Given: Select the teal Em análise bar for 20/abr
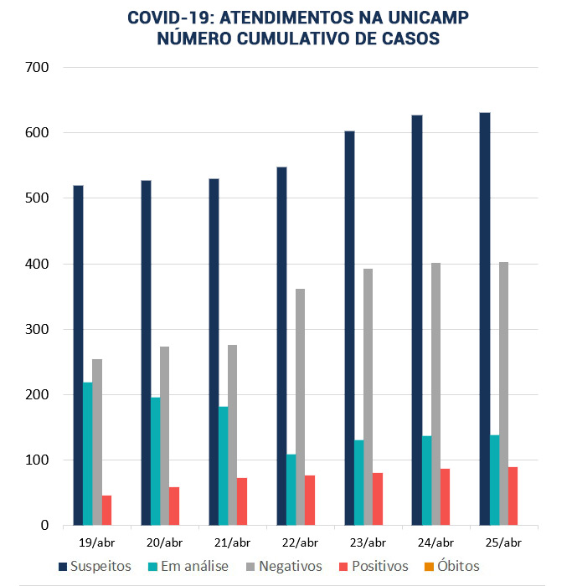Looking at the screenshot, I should pyautogui.click(x=156, y=461).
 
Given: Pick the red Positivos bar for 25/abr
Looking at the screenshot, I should pyautogui.click(x=513, y=496).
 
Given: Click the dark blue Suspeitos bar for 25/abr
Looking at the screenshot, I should pyautogui.click(x=484, y=319).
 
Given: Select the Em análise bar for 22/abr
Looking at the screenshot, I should pyautogui.click(x=291, y=490).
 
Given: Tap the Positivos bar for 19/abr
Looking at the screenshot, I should pyautogui.click(x=107, y=510).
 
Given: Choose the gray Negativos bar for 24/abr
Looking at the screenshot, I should pyautogui.click(x=436, y=393).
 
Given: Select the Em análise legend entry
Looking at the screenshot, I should pyautogui.click(x=189, y=567).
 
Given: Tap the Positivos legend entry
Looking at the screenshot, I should pyautogui.click(x=372, y=567).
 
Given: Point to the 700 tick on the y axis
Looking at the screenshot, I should pyautogui.click(x=36, y=67).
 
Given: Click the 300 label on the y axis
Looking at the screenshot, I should pyautogui.click(x=36, y=329).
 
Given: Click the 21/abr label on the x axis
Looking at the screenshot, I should pyautogui.click(x=232, y=542).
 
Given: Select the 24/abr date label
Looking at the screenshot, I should pyautogui.click(x=435, y=542).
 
